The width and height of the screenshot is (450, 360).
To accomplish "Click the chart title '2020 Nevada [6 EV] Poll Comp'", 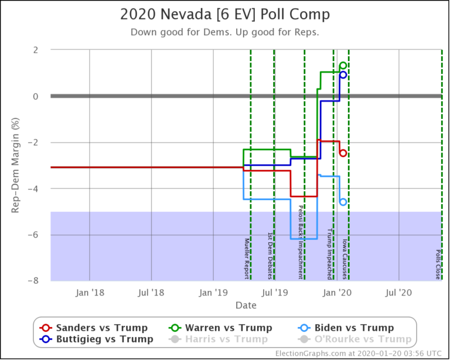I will pos(225,14).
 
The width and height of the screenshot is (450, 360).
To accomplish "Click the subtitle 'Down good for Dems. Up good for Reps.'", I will pos(225,32).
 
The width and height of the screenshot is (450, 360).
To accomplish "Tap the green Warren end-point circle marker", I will pos(343,66).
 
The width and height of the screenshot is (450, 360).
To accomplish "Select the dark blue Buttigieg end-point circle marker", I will pos(343,74).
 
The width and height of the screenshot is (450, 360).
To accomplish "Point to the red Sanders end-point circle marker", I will pos(343,153).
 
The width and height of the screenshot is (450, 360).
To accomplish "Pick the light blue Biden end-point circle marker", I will pos(343,202).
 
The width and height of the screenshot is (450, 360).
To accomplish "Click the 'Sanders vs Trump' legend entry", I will pos(94,328).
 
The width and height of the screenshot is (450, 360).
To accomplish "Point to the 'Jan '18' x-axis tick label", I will pos(90,291).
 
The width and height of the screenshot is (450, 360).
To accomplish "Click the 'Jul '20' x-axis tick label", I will pos(399,291).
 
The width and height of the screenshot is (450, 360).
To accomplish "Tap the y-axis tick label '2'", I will pos(36,50).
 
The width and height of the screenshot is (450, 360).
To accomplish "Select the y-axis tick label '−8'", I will pos(33,281).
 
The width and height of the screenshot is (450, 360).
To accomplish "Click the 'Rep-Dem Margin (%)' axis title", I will pos(16,165).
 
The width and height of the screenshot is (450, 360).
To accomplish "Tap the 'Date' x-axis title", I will pos(246,305).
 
